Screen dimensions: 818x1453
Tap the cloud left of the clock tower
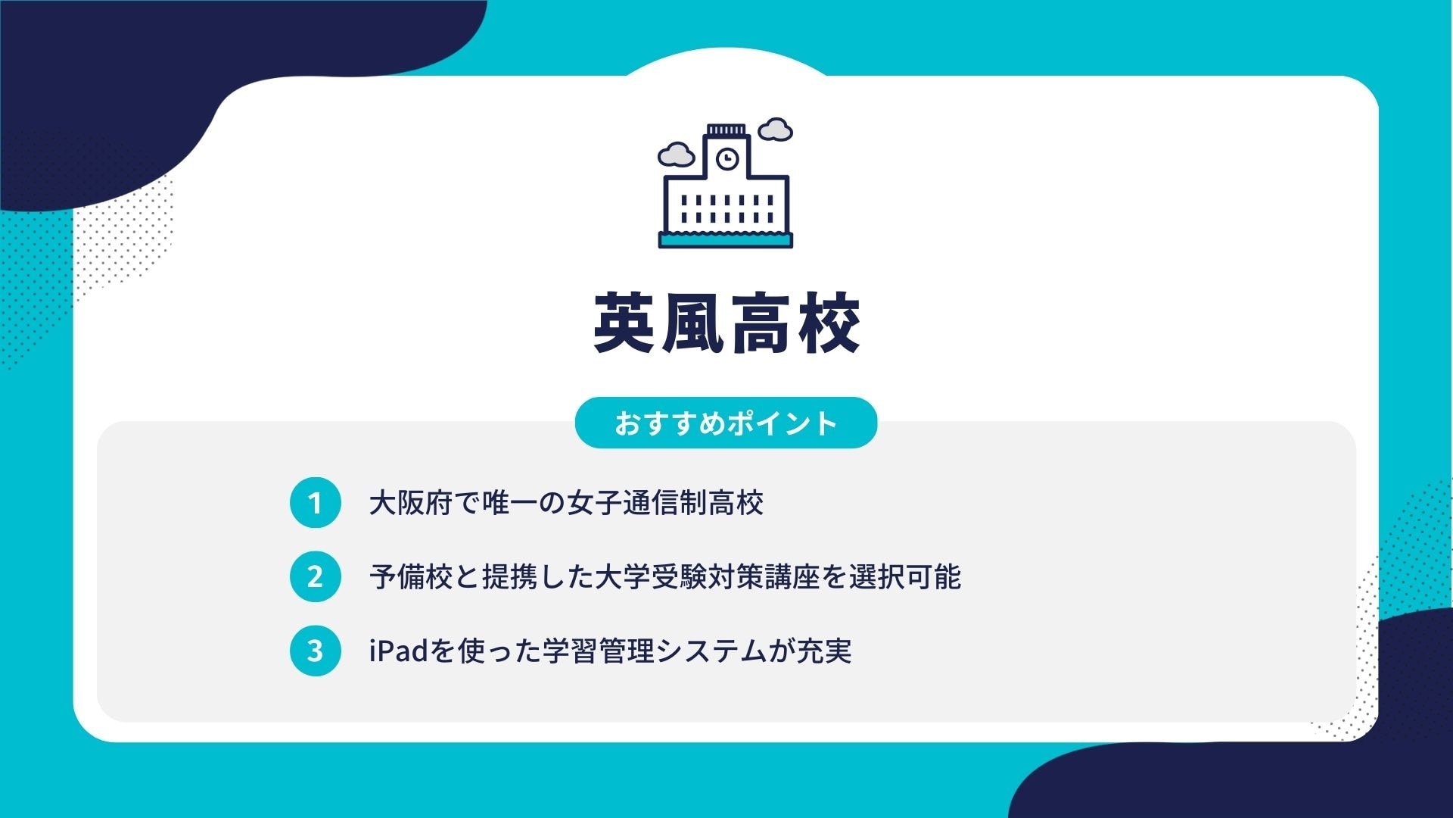click(676, 155)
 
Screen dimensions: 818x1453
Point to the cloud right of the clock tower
click(775, 130)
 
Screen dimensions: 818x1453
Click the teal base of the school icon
click(726, 241)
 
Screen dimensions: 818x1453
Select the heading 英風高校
click(726, 324)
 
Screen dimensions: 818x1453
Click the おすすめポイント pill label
click(726, 423)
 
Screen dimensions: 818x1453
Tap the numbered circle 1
click(315, 503)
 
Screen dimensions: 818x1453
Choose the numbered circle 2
click(315, 577)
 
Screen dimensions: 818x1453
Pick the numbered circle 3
click(315, 651)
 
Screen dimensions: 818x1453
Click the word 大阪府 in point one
click(411, 503)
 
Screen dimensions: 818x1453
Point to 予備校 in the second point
click(411, 577)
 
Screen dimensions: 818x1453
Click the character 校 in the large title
click(829, 324)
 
